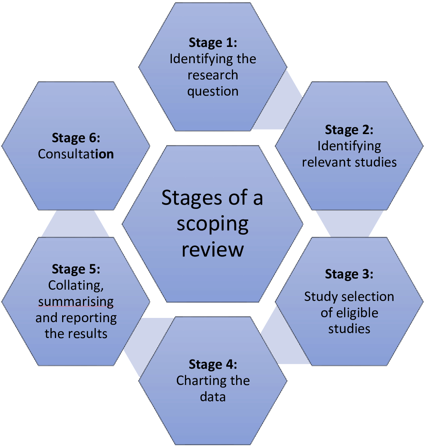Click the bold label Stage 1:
click(213, 43)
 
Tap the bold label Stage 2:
click(349, 130)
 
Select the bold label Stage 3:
click(349, 274)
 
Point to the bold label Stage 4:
click(213, 364)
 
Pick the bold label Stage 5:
click(76, 269)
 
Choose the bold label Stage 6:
click(76, 138)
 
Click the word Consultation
click(76, 154)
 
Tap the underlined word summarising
click(76, 302)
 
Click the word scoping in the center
click(213, 224)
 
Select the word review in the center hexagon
click(213, 249)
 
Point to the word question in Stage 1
click(213, 91)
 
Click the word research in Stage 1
click(213, 75)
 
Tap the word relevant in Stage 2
click(322, 162)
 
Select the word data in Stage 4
click(213, 397)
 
